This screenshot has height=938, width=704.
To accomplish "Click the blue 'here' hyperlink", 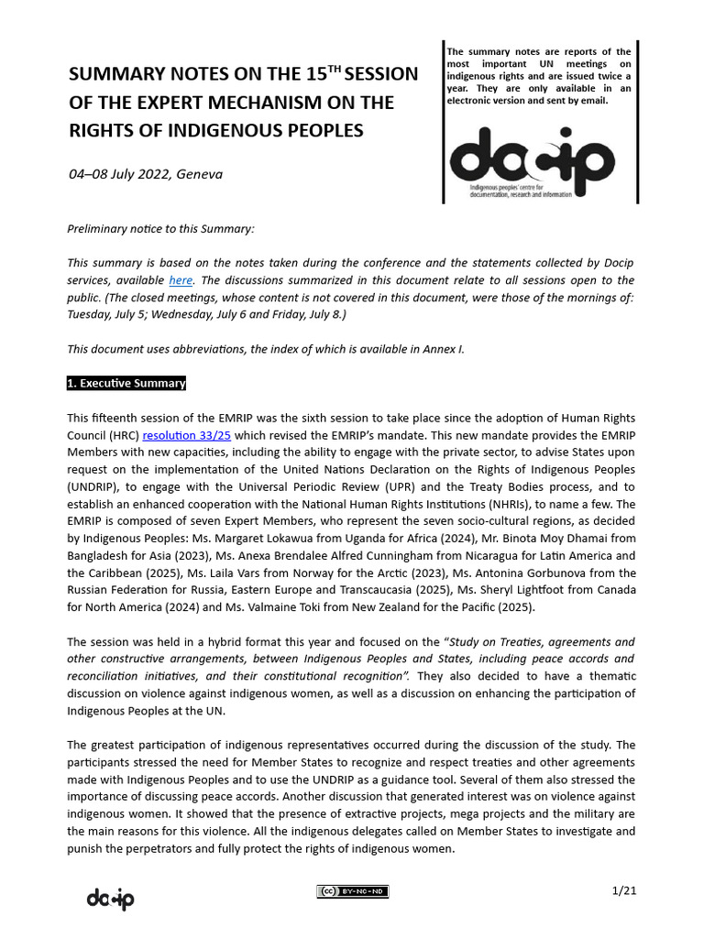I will pos(180,280).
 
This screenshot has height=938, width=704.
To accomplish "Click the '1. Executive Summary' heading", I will pos(126,383).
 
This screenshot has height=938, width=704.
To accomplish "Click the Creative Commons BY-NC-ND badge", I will pos(352,891).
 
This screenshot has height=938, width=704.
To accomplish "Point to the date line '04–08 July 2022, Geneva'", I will pos(146,173).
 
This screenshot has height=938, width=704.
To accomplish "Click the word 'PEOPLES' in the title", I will pos(315,130).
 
